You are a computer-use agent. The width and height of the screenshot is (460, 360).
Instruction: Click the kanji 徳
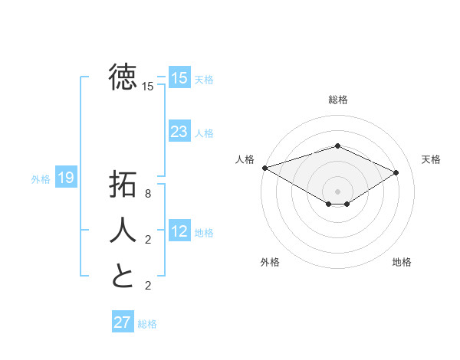pyautogui.click(x=123, y=77)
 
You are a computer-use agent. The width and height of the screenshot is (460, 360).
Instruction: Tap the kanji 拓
pyautogui.click(x=123, y=185)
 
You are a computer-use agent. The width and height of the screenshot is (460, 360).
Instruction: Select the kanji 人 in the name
pyautogui.click(x=123, y=230)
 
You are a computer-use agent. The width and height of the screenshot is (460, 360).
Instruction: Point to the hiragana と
pyautogui.click(x=123, y=276)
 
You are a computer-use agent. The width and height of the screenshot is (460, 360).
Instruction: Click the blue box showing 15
pyautogui.click(x=179, y=77)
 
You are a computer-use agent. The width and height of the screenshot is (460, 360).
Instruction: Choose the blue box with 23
pyautogui.click(x=179, y=132)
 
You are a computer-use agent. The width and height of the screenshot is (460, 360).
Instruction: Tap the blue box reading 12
pyautogui.click(x=179, y=231)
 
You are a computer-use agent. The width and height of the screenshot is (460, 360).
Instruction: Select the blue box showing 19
pyautogui.click(x=65, y=178)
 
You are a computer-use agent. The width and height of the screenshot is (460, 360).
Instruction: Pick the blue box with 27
pyautogui.click(x=122, y=322)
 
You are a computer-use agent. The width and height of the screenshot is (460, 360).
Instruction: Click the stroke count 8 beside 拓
pyautogui.click(x=148, y=195)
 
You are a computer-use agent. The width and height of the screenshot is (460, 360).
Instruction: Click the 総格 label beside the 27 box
pyautogui.click(x=147, y=324)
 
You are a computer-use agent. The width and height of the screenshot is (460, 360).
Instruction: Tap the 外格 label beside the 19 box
pyautogui.click(x=41, y=179)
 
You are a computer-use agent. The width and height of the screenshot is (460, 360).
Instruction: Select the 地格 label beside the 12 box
pyautogui.click(x=204, y=233)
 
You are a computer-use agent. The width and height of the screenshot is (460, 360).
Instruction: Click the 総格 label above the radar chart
pyautogui.click(x=337, y=100)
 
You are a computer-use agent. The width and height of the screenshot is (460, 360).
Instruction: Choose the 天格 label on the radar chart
pyautogui.click(x=431, y=159)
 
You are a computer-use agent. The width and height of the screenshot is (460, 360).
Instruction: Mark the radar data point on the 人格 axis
pyautogui.click(x=264, y=168)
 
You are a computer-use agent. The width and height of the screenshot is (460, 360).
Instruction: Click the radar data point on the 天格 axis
pyautogui.click(x=396, y=172)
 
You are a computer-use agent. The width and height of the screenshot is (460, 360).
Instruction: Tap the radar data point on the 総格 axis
pyautogui.click(x=337, y=146)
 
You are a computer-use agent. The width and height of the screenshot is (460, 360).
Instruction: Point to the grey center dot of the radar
pyautogui.click(x=337, y=190)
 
